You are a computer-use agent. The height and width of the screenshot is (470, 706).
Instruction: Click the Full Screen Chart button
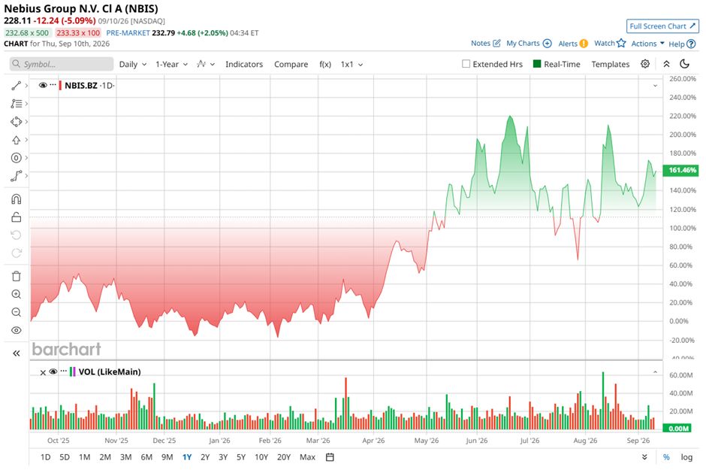662,26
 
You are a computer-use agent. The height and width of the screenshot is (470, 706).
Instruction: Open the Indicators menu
244,65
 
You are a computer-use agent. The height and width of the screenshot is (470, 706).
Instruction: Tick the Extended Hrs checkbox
466,64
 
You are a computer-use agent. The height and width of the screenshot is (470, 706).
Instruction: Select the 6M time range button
146,457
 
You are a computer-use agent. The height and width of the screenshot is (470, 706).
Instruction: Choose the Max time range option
307,457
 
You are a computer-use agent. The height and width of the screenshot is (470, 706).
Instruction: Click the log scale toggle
686,457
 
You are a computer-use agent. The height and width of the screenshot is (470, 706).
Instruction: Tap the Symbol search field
62,64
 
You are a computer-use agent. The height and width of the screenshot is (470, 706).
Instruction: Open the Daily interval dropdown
133,65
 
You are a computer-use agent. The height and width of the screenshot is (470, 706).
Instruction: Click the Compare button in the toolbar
291,65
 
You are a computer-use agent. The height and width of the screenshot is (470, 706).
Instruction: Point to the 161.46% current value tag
682,171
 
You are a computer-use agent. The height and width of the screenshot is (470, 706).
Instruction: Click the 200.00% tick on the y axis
683,135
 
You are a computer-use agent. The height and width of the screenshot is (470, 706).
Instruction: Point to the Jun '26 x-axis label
477,441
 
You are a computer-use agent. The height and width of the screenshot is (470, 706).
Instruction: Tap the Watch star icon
621,44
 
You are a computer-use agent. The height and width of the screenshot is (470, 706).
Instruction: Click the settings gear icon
645,64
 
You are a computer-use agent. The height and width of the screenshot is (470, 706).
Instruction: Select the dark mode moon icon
685,64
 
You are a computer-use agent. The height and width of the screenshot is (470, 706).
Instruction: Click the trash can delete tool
17,276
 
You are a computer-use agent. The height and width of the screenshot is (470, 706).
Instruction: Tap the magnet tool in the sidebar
17,199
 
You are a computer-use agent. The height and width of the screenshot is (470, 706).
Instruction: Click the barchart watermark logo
67,349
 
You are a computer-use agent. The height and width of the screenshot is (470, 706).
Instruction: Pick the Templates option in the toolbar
610,65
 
